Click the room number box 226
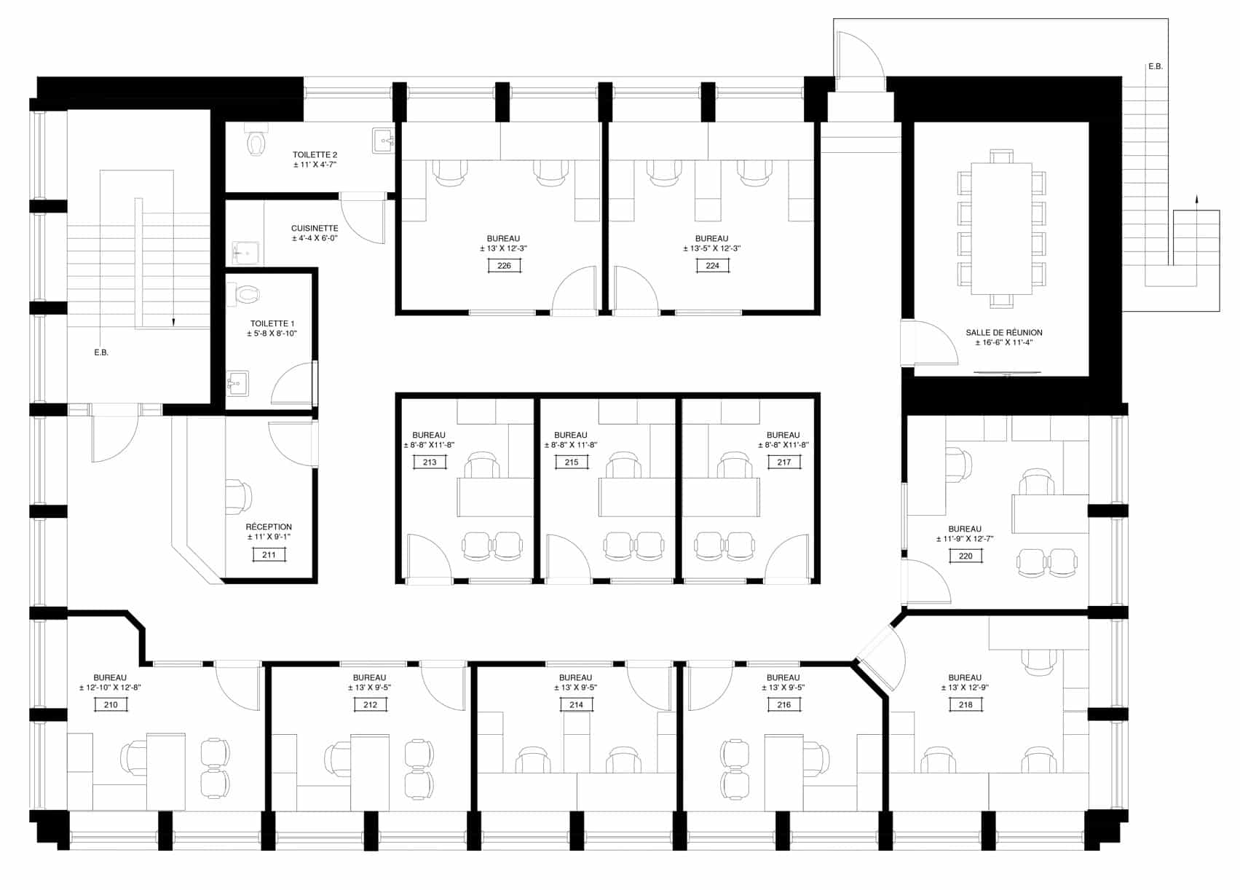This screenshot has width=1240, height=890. click(504, 266)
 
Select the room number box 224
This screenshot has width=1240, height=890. click(712, 266)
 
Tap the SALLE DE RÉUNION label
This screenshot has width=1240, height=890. click(1003, 333)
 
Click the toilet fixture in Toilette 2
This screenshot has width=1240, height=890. click(256, 140)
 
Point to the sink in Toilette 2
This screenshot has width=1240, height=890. click(383, 140)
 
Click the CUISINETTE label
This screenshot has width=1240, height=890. click(315, 228)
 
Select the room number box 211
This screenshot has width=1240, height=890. click(269, 555)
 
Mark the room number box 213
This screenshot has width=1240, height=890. click(430, 462)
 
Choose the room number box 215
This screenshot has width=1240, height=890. click(572, 462)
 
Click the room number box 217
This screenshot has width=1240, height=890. click(784, 462)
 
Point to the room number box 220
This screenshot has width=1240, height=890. click(965, 556)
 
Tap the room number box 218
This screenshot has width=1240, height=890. click(965, 705)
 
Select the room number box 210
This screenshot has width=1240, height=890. click(111, 705)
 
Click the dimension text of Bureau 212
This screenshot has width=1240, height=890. click(369, 688)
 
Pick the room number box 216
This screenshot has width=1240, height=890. click(784, 705)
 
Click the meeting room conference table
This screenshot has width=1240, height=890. click(1001, 229)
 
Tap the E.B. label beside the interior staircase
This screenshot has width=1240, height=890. click(101, 353)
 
